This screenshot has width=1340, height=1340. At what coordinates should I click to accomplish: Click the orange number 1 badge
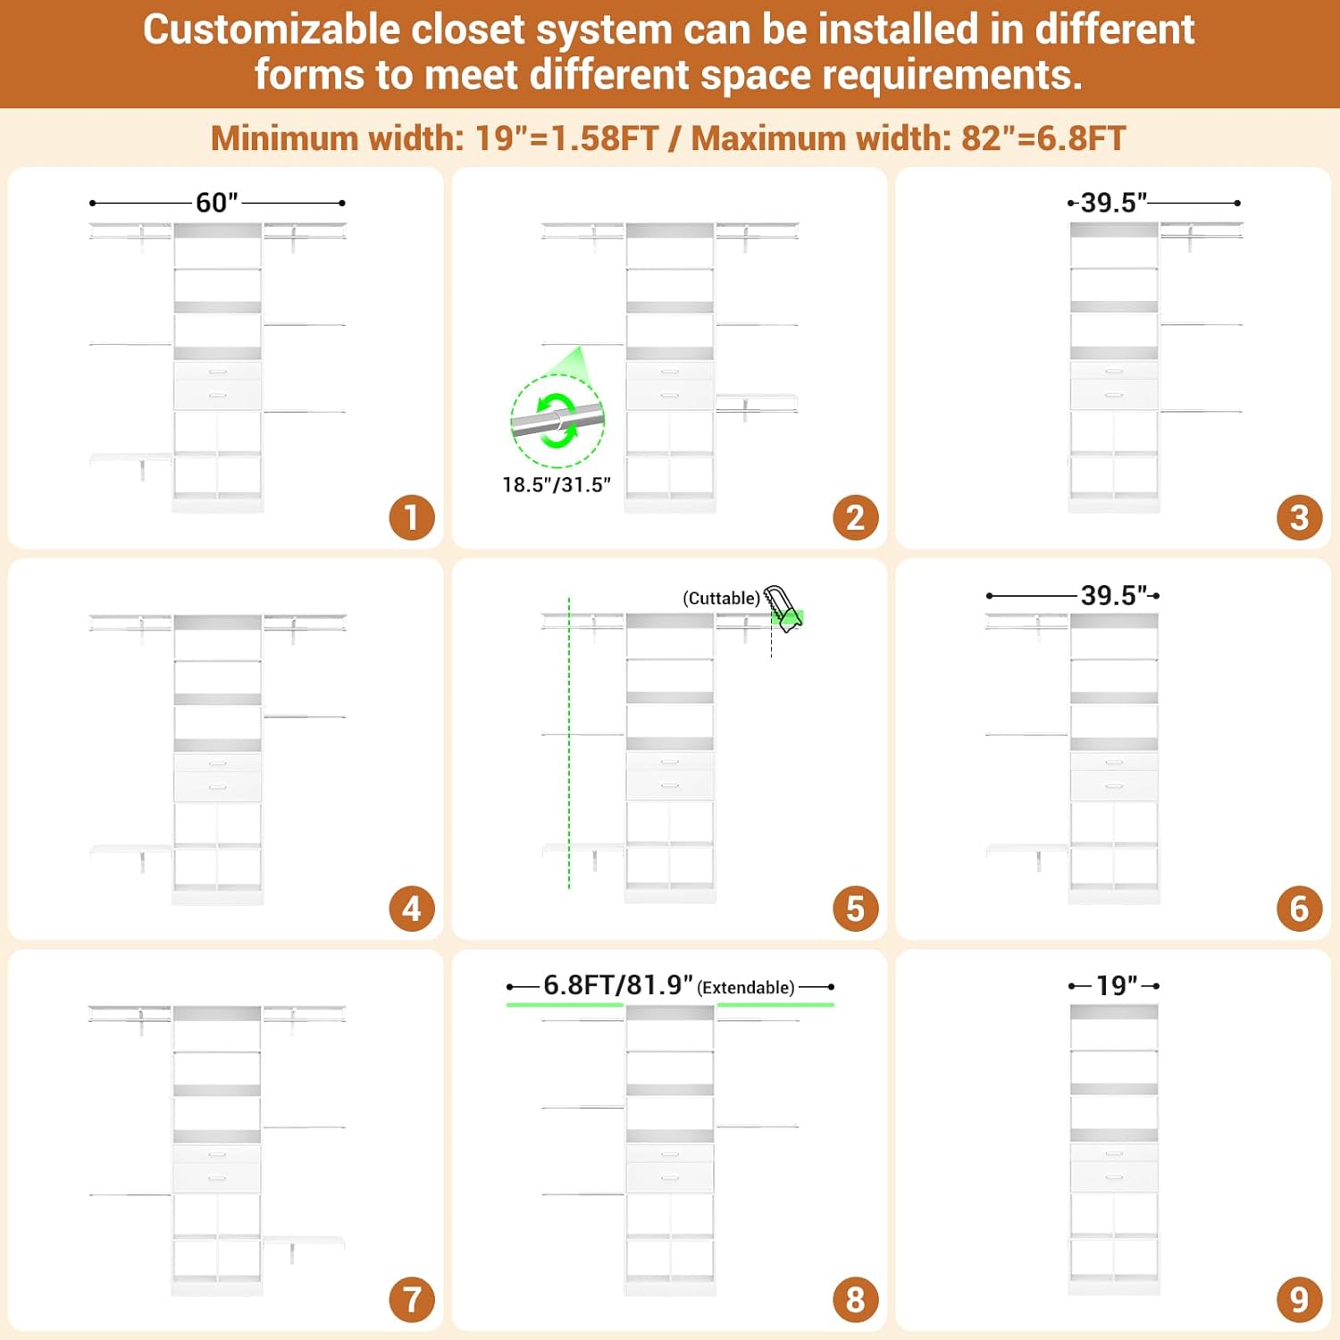tap(412, 517)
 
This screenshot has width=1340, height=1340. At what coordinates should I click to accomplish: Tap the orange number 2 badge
tap(856, 517)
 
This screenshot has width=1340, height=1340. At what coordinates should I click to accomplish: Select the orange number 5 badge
tap(856, 909)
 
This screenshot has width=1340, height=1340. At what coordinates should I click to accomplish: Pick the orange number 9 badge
tap(1300, 1300)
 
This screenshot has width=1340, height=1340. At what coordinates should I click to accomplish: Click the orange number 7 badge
tap(412, 1300)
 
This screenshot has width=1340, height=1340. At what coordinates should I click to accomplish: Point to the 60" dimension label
tap(217, 203)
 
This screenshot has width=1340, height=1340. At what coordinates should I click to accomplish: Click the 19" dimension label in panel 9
tap(1117, 985)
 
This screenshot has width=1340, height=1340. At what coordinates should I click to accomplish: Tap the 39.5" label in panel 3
tap(1114, 203)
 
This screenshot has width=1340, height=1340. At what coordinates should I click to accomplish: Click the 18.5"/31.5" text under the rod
tap(557, 484)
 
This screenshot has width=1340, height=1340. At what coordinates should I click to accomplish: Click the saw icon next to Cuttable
tap(783, 609)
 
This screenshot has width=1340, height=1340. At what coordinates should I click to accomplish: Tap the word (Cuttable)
tap(722, 598)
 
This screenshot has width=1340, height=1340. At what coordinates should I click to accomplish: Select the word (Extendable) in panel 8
tap(746, 987)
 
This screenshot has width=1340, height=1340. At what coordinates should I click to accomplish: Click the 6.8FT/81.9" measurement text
tap(618, 984)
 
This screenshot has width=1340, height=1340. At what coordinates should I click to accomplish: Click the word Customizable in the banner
tap(272, 29)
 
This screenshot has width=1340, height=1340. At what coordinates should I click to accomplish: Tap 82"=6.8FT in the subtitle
tap(1043, 138)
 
